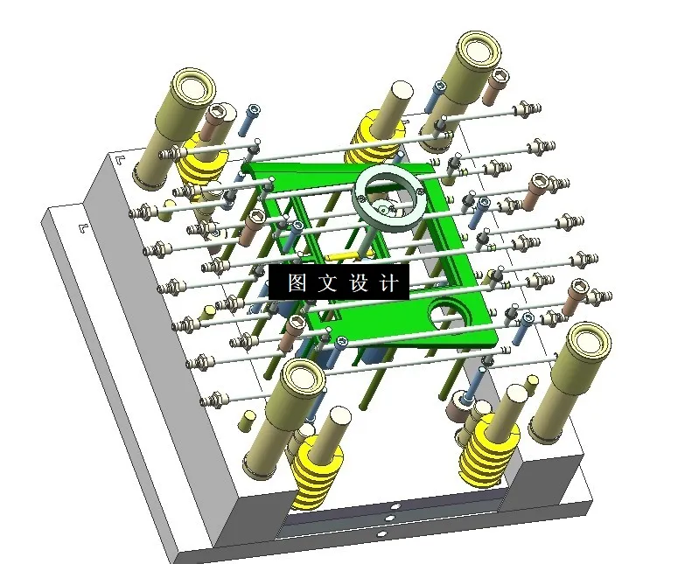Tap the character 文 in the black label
pyautogui.click(x=325, y=283)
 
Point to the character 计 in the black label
pyautogui.click(x=388, y=283)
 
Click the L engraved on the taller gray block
pyautogui.click(x=120, y=161)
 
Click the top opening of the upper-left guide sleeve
pyautogui.click(x=194, y=88)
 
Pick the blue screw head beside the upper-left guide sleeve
pyautogui.click(x=254, y=110)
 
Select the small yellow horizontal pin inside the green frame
pyautogui.click(x=344, y=256)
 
